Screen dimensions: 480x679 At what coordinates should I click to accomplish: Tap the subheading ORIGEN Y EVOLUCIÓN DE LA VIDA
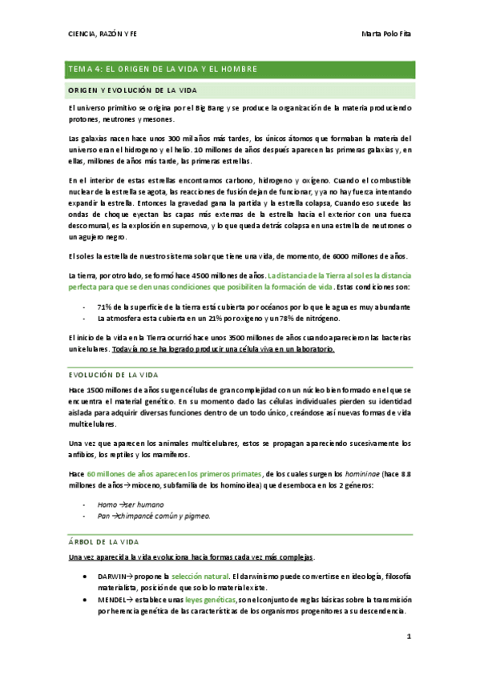click(132, 90)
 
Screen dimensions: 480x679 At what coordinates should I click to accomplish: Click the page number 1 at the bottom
click(409, 637)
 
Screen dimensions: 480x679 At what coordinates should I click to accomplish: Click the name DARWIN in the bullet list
click(112, 576)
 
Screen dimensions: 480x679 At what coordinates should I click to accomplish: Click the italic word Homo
click(107, 505)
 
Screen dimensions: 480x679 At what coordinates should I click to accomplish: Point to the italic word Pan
click(103, 516)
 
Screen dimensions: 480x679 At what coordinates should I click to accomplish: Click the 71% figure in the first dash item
click(104, 307)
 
